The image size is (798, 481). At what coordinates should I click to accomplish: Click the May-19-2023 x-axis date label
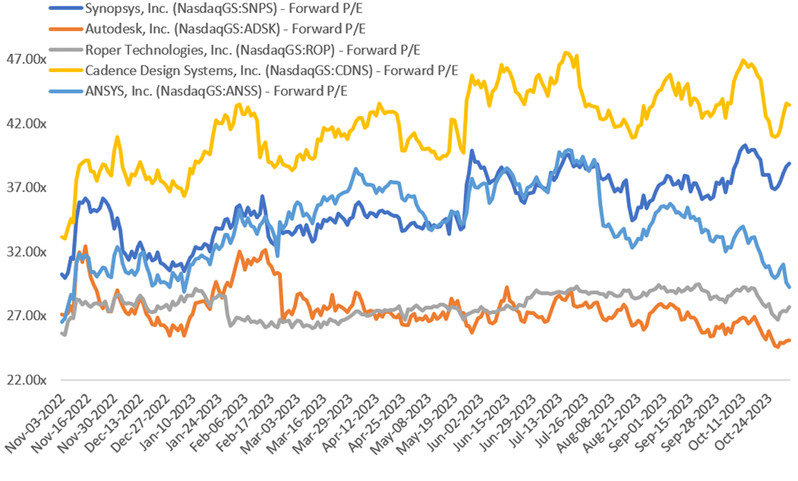(435, 429)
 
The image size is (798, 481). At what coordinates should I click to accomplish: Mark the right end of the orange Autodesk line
(788, 340)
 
